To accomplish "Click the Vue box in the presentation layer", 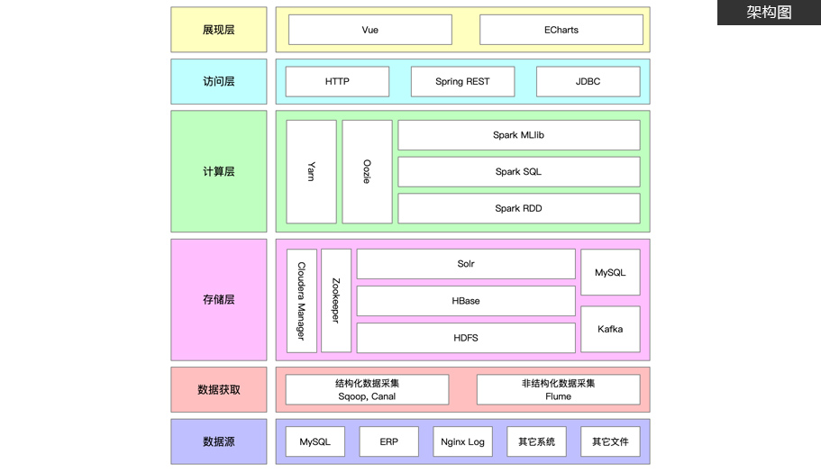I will click(x=369, y=30).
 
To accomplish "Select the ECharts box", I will click(x=561, y=30).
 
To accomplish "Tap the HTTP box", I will click(x=337, y=81).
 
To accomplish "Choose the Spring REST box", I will click(x=462, y=81).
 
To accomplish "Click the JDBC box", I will click(x=588, y=81).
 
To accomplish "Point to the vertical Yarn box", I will click(x=311, y=171).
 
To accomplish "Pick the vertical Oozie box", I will click(x=367, y=171).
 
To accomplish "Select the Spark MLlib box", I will click(x=518, y=135).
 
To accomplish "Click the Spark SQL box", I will click(x=518, y=171).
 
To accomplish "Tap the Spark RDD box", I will click(x=518, y=208).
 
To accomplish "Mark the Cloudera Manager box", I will click(x=301, y=300).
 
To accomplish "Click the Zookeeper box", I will click(x=335, y=300).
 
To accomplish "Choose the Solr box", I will click(x=465, y=264).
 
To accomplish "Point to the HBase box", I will click(x=465, y=301).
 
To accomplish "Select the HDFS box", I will click(x=465, y=338).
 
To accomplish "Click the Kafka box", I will click(x=610, y=329).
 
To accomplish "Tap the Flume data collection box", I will click(x=558, y=389).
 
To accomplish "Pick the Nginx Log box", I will click(x=462, y=441).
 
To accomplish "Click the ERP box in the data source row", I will click(x=388, y=441).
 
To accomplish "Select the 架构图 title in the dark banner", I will click(x=769, y=13).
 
